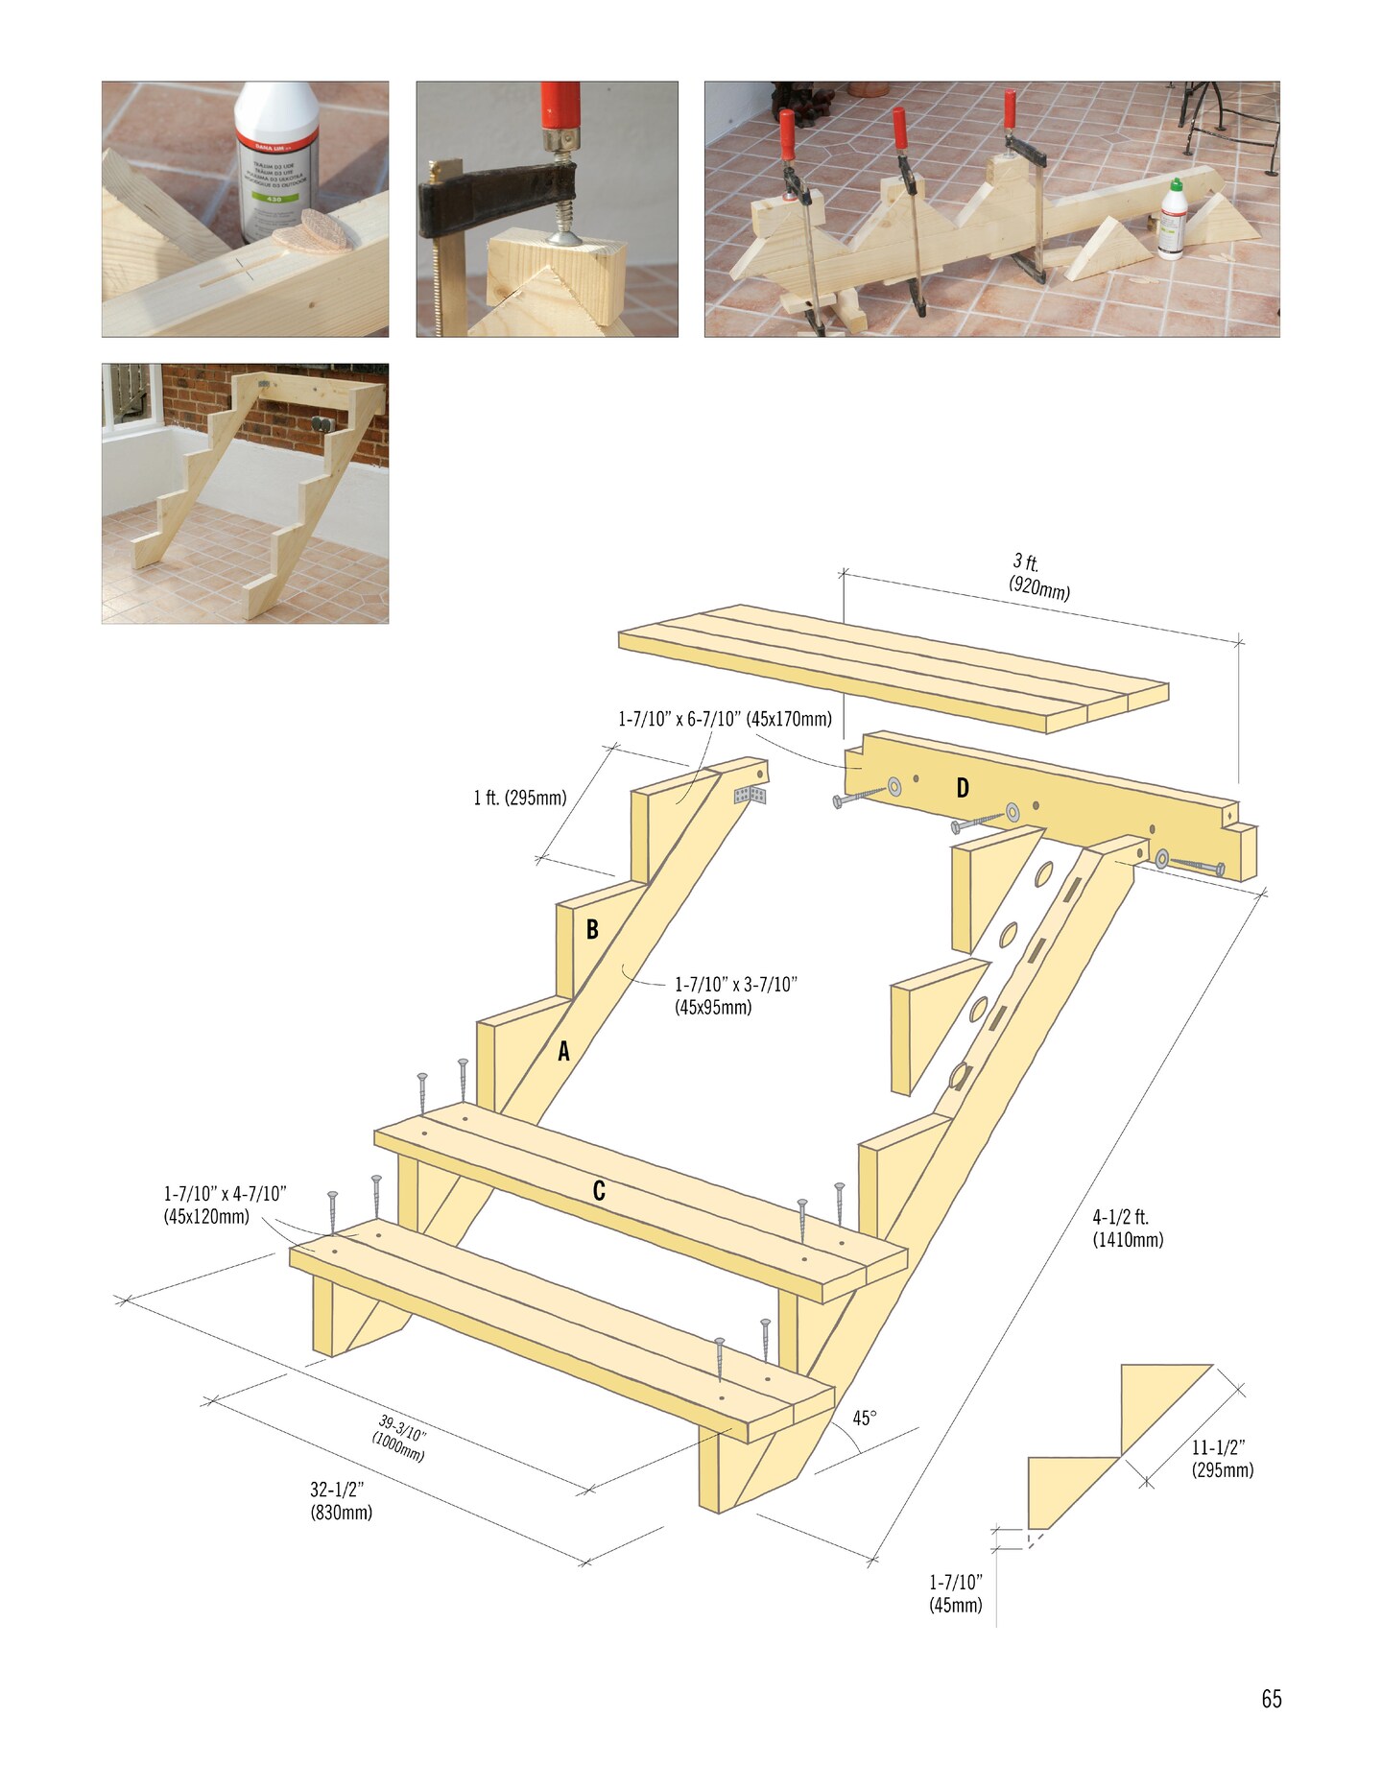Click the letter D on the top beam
coord(962,789)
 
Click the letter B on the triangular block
coord(592,929)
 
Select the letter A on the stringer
coord(564,1052)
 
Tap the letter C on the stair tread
coord(599,1191)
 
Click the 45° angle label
coord(864,1418)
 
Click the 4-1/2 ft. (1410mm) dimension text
coord(1128,1228)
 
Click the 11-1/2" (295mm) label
coord(1223,1459)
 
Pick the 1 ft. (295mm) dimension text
coord(520,798)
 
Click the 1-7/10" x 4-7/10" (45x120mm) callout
coord(225,1205)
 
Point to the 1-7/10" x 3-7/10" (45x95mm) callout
coord(735,995)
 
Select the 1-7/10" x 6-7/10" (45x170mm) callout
coord(725,719)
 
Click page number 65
coord(1271,1699)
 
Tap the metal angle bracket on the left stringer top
coord(751,795)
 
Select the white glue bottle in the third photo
coord(1173,221)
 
